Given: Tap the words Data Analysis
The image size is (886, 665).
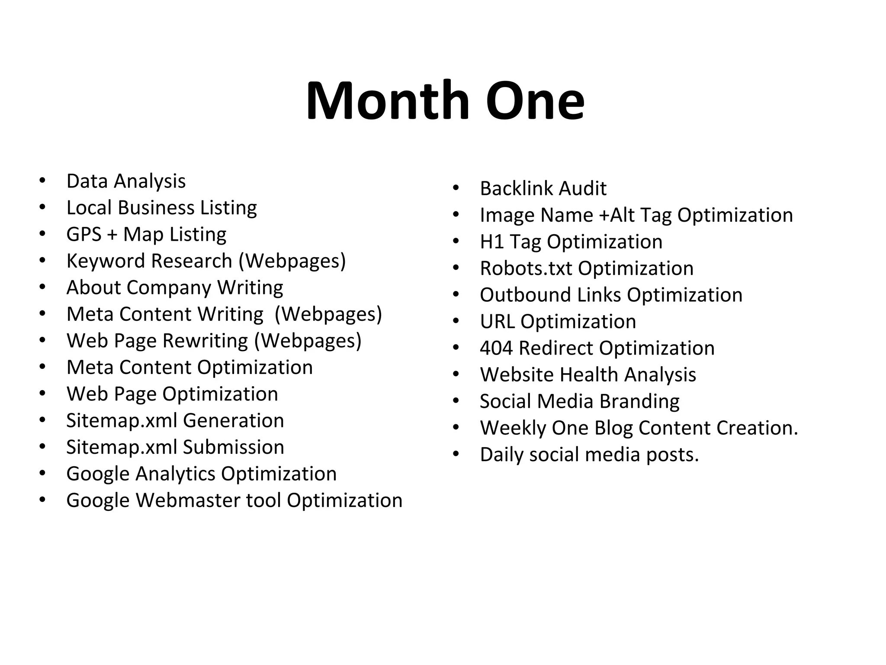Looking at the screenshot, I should [x=126, y=181].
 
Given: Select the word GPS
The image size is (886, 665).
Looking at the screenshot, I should [x=83, y=234].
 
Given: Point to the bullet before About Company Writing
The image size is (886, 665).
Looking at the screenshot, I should [x=42, y=287].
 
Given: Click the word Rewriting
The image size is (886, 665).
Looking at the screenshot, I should [x=205, y=341].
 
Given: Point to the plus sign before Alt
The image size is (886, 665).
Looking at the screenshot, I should [x=604, y=216].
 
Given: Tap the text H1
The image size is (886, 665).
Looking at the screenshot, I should [x=491, y=242].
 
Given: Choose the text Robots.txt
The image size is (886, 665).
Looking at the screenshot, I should [x=526, y=268].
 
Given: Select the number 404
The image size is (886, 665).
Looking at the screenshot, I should [x=496, y=348].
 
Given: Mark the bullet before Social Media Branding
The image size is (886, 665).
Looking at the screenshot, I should [x=456, y=401].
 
